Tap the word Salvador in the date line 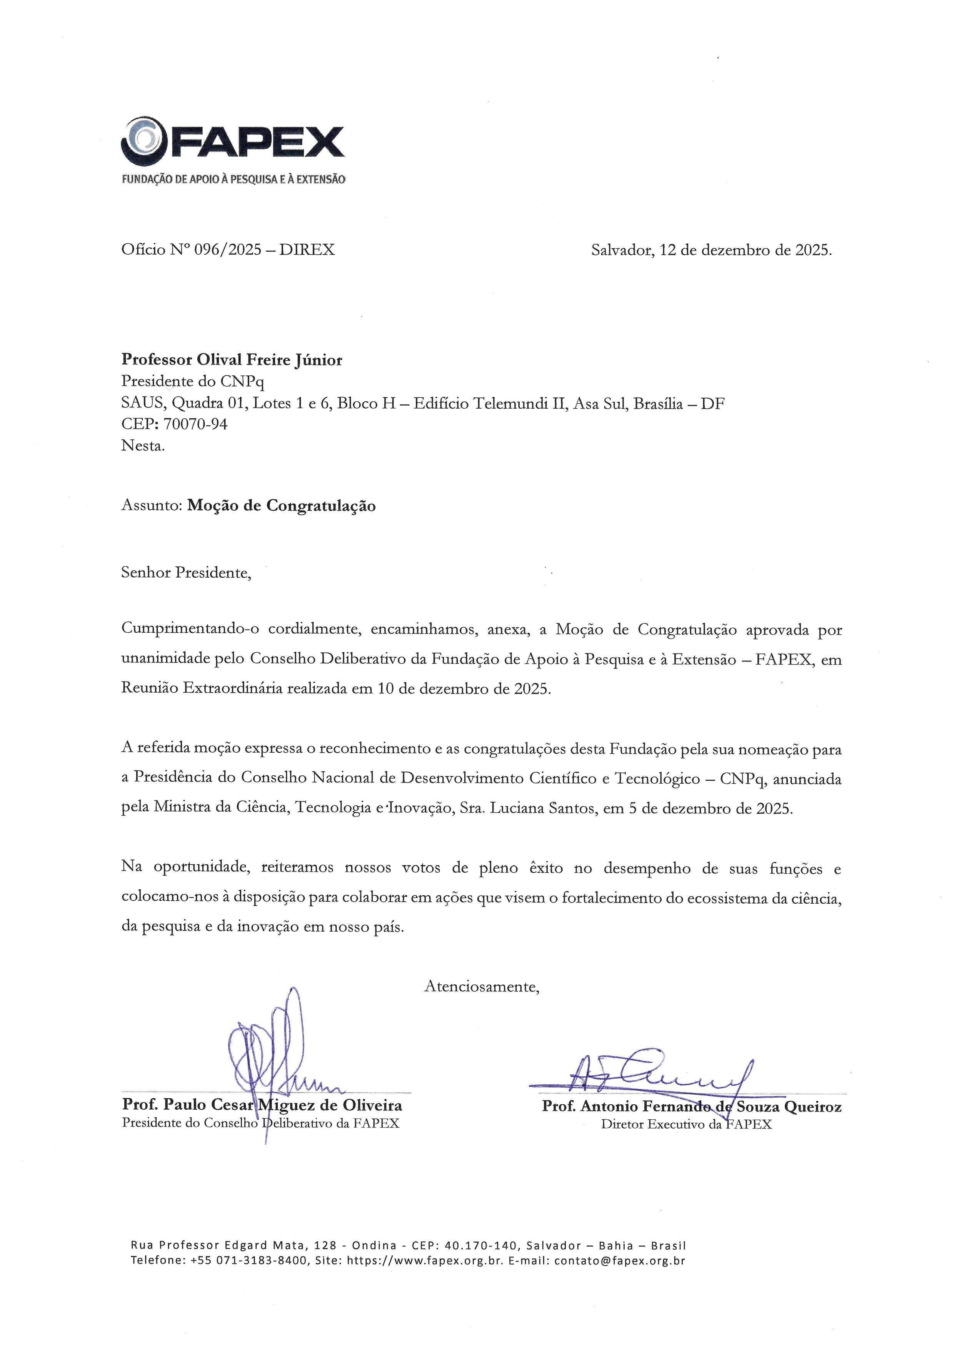[x=622, y=250]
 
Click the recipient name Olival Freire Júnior [x=269, y=359]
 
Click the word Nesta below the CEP [x=142, y=445]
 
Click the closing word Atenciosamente [x=481, y=986]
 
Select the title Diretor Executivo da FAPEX [x=686, y=1124]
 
